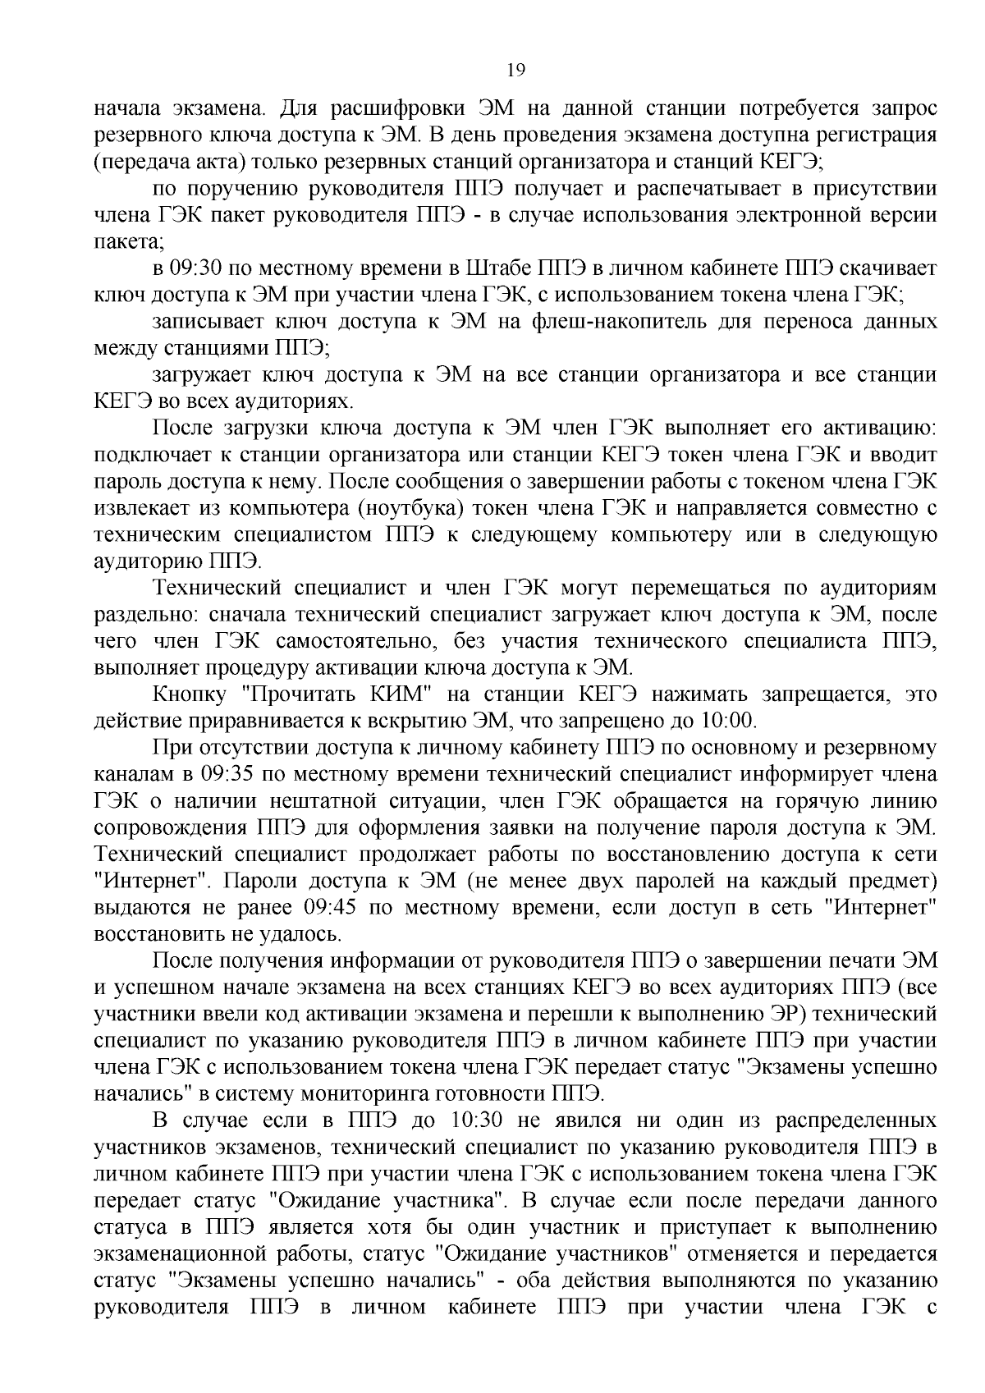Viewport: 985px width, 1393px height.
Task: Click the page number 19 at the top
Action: coord(515,71)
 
